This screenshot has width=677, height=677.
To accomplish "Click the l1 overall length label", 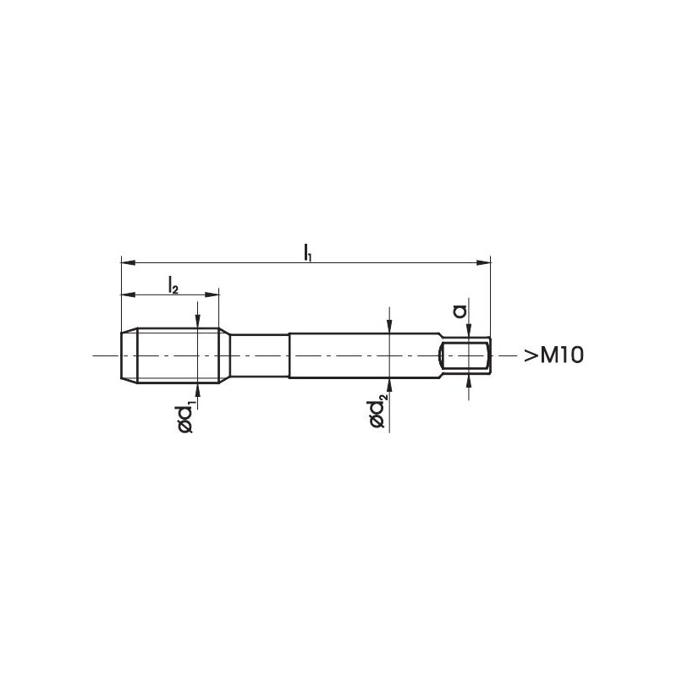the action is point(307,252).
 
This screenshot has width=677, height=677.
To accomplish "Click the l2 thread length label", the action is point(173,285).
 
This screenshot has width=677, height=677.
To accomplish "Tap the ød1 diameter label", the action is point(186,417).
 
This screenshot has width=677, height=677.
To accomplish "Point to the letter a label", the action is point(460,311).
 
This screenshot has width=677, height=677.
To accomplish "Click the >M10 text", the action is point(553,355).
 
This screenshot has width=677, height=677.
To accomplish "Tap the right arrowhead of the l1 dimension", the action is point(484,262).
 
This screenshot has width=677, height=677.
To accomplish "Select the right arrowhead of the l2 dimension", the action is point(212,294).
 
